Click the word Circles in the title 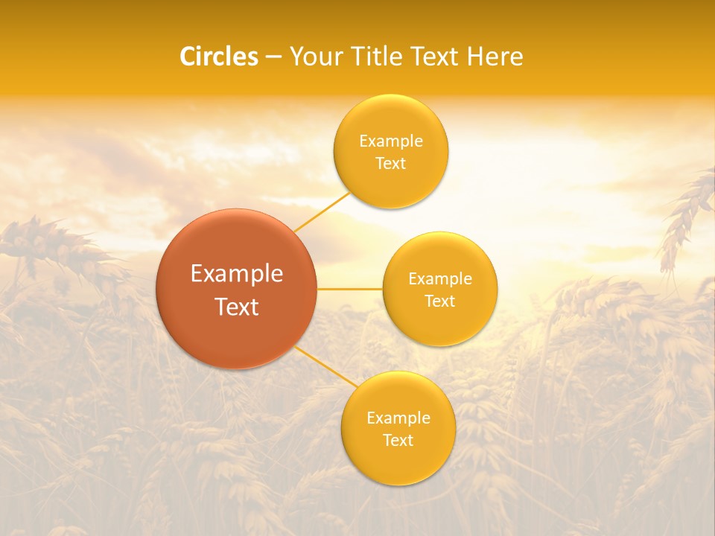pyautogui.click(x=218, y=57)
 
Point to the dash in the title pyautogui.click(x=273, y=57)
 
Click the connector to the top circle pyautogui.click(x=322, y=211)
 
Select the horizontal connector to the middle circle pyautogui.click(x=349, y=289)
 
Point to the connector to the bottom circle pyautogui.click(x=324, y=368)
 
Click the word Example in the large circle pyautogui.click(x=237, y=274)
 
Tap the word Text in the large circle pyautogui.click(x=237, y=307)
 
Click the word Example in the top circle pyautogui.click(x=390, y=141)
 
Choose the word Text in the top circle pyautogui.click(x=390, y=163)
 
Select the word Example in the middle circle pyautogui.click(x=439, y=279)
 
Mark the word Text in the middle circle pyautogui.click(x=439, y=301)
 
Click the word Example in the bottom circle pyautogui.click(x=398, y=418)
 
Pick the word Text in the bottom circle pyautogui.click(x=398, y=440)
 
